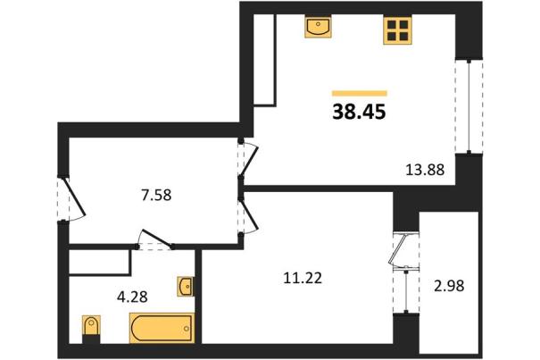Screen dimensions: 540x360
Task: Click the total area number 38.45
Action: coord(359,112)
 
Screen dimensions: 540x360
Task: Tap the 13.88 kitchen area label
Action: coord(426,170)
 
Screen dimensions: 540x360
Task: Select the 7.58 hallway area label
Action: coord(156,196)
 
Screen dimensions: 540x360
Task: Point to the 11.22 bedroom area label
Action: coord(303,278)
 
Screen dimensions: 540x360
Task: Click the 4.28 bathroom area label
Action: coord(132,297)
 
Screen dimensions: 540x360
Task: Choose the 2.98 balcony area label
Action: coord(449,286)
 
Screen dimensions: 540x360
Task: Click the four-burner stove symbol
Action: coord(397,30)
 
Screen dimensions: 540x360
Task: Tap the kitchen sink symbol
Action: coord(318,26)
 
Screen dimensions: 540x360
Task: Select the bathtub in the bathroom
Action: coord(162,328)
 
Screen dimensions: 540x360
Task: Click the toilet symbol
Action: coord(91,325)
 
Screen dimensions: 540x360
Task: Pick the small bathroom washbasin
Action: coord(186,286)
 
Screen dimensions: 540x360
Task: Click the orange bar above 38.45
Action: coord(360,93)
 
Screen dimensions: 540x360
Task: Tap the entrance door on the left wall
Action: coord(71,199)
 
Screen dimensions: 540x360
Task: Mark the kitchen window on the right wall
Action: coord(469,106)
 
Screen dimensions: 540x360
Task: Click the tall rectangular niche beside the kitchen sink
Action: coord(264,60)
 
